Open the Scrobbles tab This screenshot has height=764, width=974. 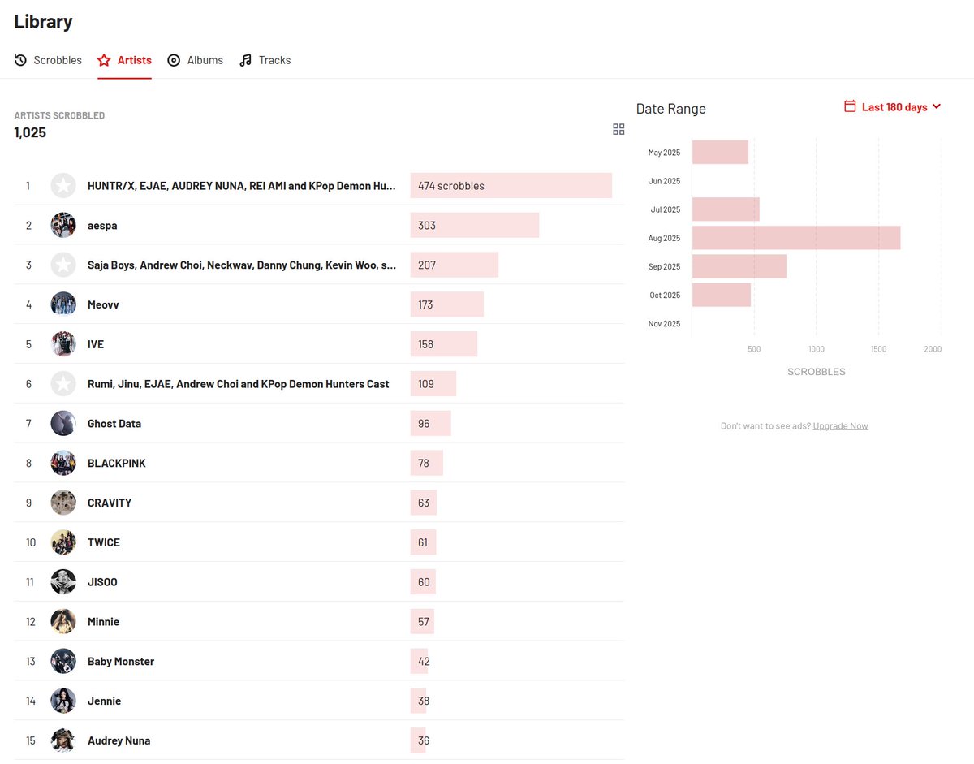pos(49,60)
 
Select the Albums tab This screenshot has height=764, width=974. pos(196,60)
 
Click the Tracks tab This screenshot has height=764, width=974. pos(265,60)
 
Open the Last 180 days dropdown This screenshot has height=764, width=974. pos(893,107)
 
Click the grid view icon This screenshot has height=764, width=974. pos(618,129)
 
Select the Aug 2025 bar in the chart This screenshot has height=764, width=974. pos(795,238)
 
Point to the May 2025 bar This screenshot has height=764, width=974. pos(720,152)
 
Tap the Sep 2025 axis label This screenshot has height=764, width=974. pos(665,267)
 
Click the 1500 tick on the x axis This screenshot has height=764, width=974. pos(878,349)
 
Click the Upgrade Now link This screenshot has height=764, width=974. pos(840,426)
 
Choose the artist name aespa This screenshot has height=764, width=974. pos(102,226)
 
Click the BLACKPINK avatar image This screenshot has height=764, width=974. pos(63,464)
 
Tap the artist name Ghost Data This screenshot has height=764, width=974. pos(114,424)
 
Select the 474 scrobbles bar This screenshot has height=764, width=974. pos(511,186)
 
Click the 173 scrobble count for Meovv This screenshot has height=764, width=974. pos(426,305)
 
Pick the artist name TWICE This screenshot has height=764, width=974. pos(104,542)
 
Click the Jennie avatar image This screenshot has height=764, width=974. pos(63,701)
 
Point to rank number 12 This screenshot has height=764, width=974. pos(31,622)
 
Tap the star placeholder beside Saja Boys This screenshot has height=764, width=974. pos(63,265)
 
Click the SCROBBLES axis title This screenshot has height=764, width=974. pos(816,372)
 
